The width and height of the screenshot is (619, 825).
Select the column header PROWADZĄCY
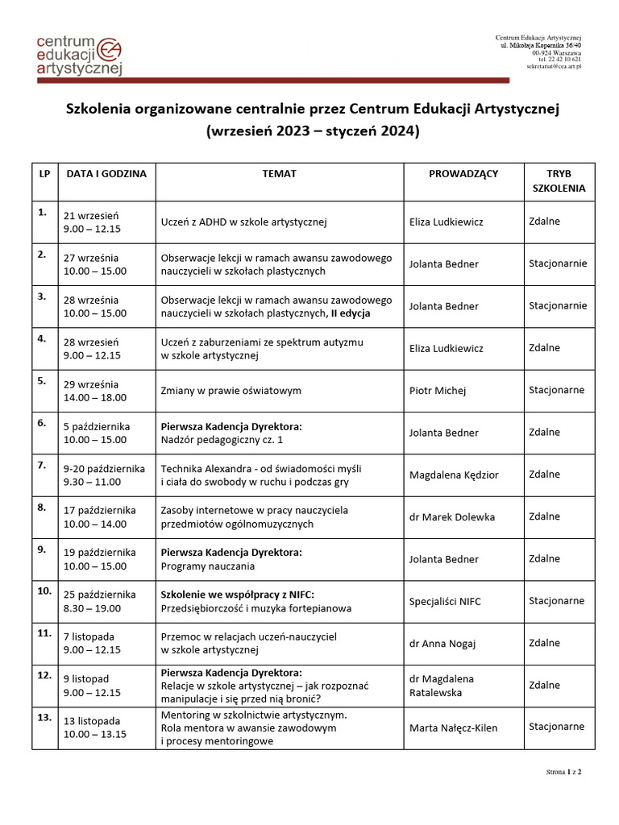pos(463,173)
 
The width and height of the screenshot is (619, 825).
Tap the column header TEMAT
pos(279,173)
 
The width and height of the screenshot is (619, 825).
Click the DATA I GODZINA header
pos(106,173)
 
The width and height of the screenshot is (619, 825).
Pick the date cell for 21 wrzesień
pos(106,222)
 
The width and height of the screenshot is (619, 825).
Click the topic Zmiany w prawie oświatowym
pos(231,391)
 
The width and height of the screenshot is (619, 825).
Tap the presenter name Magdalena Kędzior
pos(454,475)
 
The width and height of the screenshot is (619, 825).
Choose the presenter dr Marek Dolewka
pos(452,516)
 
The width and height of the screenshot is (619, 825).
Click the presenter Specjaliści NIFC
pos(445,601)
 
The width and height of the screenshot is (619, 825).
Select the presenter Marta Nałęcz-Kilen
pos(454,728)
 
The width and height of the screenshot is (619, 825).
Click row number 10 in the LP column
pos(44,591)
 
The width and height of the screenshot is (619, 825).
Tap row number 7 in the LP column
pos(42,465)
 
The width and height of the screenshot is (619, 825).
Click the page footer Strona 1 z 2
pos(563,773)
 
